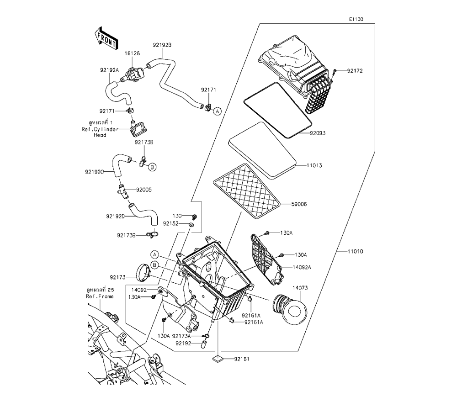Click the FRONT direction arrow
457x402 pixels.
pos(105,38)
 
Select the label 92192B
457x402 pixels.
pos(162,45)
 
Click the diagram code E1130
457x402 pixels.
pos(356,20)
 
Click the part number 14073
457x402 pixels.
pos(300,288)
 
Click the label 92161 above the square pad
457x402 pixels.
pos(242,359)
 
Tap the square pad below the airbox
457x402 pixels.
pos(218,359)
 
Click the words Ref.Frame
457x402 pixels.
pos(100,296)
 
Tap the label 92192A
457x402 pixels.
pos(109,70)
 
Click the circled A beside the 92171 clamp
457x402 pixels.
pos(218,111)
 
